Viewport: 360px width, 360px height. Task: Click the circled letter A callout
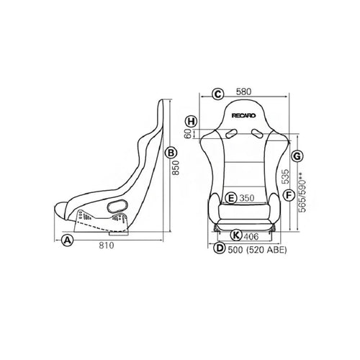pos(67,240)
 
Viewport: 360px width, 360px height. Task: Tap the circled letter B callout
pos(171,153)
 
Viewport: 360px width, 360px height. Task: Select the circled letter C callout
pos(218,94)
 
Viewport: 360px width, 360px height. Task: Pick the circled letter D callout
pos(220,248)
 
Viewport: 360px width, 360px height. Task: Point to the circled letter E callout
pos(231,198)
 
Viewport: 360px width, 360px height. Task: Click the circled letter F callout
pos(289,195)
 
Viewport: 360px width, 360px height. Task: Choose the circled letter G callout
pos(297,156)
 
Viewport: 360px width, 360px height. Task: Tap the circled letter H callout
pos(192,121)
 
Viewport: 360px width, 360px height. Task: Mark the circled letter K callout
pos(236,235)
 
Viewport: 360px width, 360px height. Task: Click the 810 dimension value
pos(107,246)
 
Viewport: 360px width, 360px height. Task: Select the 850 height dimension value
pos(176,168)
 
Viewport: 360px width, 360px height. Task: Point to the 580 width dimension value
pos(244,91)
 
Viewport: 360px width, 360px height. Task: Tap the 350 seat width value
pos(247,198)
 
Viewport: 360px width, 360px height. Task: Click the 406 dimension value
pos(251,237)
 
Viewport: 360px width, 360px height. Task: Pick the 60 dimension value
pos(189,134)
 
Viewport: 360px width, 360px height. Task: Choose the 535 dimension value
pos(285,176)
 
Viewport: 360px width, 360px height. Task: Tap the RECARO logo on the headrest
pos(244,116)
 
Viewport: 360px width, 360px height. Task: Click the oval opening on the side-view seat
pos(117,207)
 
